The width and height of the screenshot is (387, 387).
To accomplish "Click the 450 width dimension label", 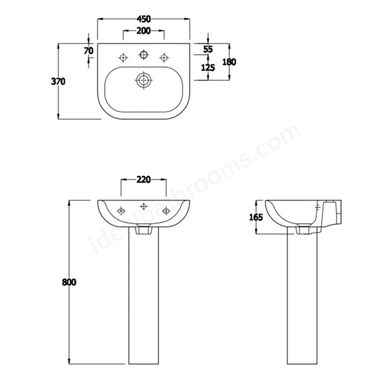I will point(143,19).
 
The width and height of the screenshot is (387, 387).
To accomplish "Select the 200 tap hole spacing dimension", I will point(143,30).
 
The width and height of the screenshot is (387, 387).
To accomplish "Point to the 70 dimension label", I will point(89,51).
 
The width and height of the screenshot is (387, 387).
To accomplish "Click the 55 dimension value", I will point(208,48).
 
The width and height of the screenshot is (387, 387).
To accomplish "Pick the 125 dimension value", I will point(208,68).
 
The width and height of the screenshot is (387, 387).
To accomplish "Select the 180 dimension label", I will point(229,62).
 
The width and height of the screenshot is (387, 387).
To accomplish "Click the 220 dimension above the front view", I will point(143,180).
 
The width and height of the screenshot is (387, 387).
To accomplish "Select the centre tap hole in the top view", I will point(143,56).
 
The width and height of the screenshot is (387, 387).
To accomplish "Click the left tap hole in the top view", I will point(123,58).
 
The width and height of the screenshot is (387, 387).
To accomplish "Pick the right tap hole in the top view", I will point(163,58).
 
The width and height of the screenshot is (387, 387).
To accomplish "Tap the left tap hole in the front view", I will point(121,210).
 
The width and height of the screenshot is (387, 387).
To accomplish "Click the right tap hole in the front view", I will point(165,210).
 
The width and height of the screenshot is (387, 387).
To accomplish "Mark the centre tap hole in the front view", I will point(143,206).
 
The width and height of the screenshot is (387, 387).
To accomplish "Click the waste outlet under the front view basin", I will point(143,230).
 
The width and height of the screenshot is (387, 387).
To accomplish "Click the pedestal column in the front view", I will point(143,296).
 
